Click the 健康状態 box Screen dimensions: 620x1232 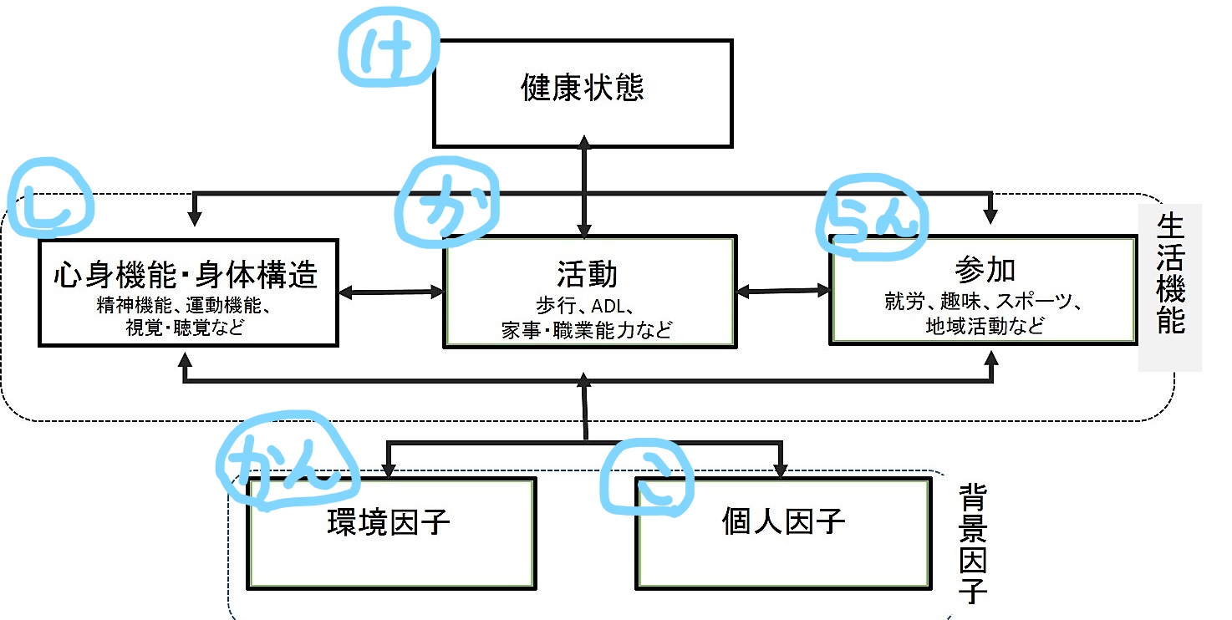(x=583, y=92)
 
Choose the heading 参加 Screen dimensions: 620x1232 (x=984, y=270)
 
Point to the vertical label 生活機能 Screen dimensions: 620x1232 (x=1171, y=275)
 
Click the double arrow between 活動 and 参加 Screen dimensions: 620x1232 (x=783, y=291)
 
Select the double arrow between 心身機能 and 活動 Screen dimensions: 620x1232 (x=390, y=292)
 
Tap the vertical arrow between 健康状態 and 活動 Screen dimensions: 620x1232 (x=583, y=188)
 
